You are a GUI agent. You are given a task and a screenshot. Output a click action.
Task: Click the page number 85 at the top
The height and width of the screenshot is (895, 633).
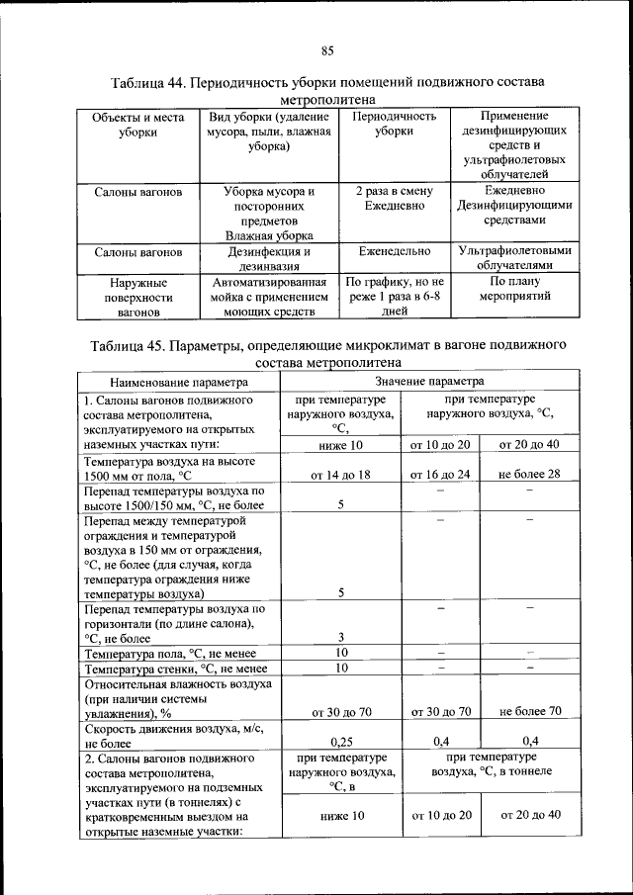coord(327,51)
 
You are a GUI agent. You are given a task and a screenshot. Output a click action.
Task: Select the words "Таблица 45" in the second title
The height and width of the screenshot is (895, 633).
coord(129,346)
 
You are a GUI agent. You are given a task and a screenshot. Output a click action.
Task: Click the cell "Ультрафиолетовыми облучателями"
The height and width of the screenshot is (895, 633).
coord(514,259)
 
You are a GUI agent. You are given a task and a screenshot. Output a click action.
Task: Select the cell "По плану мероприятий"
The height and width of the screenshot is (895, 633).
coord(514,289)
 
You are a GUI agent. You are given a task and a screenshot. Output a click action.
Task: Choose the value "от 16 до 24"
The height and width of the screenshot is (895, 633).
coord(440,475)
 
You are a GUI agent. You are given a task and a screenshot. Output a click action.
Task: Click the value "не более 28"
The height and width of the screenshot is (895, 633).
coord(529,475)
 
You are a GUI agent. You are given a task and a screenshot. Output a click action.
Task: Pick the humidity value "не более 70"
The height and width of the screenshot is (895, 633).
coord(530,711)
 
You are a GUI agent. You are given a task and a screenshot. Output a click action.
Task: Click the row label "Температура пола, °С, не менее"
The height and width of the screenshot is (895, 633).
coord(170,655)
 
